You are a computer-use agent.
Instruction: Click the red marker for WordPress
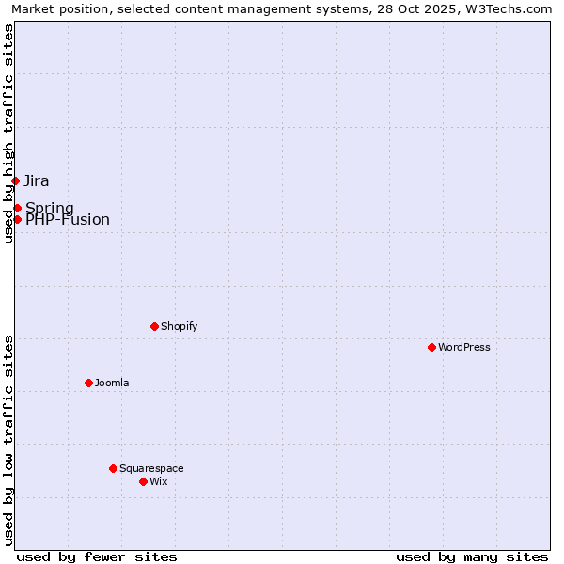tap(431, 347)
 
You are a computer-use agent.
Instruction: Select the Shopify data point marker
tap(154, 326)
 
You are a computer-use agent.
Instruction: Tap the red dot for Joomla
tap(88, 383)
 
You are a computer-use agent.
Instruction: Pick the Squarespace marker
tap(113, 468)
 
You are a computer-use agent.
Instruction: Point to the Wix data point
tap(143, 481)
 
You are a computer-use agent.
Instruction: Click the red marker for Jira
tap(15, 180)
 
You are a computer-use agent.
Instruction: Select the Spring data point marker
tap(17, 208)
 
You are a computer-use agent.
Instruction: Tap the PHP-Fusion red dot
tap(17, 219)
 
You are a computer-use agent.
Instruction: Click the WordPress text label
tap(464, 347)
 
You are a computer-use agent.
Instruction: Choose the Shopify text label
tap(179, 326)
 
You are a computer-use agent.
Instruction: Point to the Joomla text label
tap(112, 383)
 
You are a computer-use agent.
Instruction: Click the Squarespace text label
tap(151, 468)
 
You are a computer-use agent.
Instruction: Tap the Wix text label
tap(159, 481)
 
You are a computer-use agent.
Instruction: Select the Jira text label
tap(37, 180)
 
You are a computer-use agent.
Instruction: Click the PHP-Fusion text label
tap(68, 220)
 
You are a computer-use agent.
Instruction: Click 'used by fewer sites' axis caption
tap(97, 556)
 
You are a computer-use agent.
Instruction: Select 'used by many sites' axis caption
tap(472, 556)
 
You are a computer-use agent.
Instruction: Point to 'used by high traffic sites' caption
tap(8, 133)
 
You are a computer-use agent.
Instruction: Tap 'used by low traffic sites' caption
tap(8, 439)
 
